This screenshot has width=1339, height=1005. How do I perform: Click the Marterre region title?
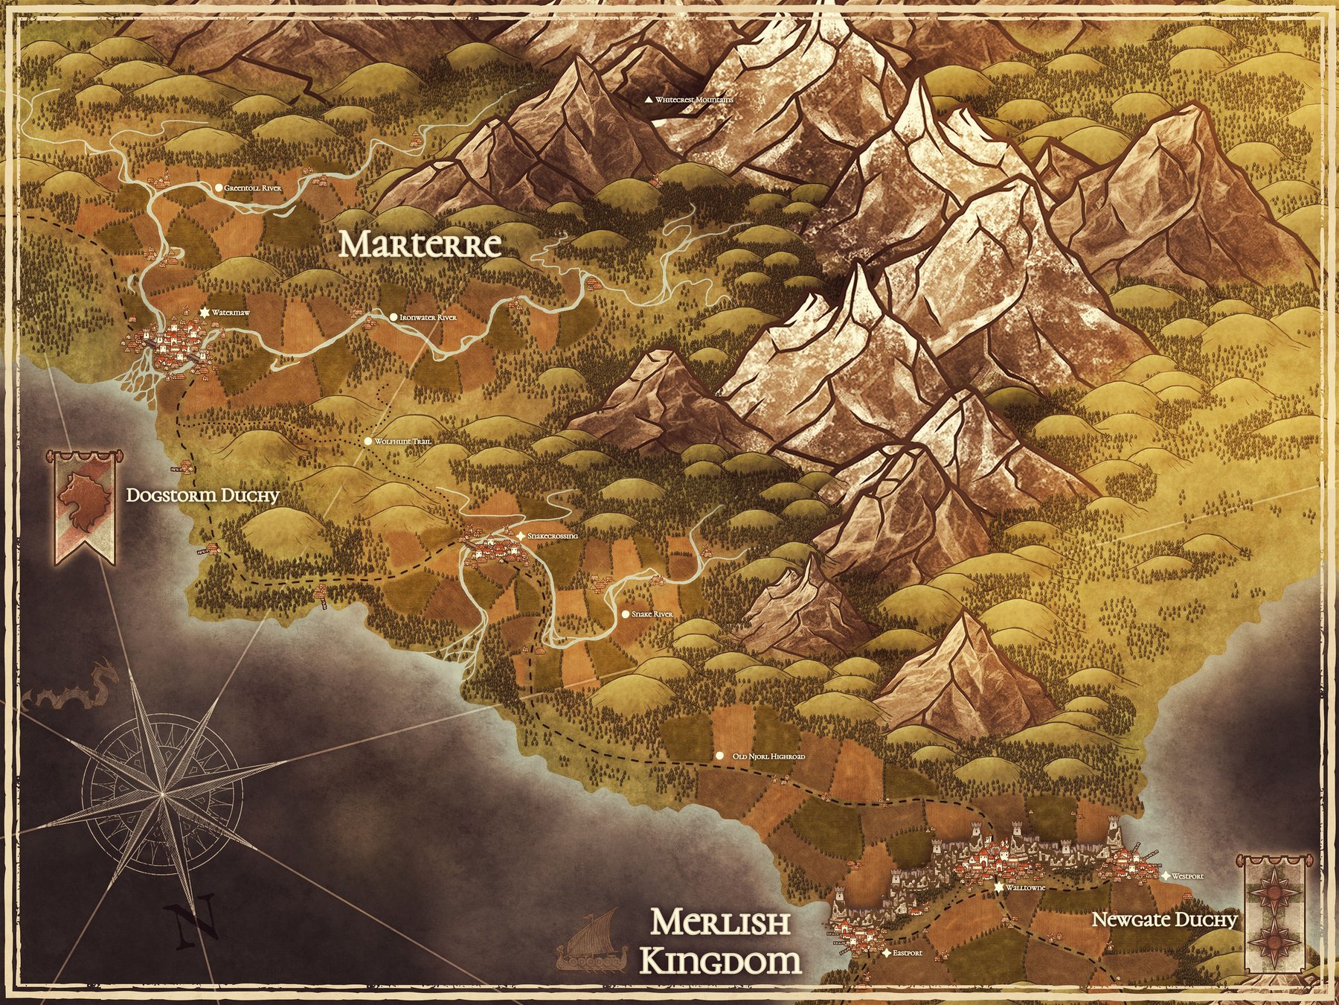[420, 245]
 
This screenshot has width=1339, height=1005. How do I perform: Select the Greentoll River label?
[253, 189]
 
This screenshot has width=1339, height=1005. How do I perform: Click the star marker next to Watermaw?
[204, 313]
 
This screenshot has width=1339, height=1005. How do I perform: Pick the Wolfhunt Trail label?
[402, 442]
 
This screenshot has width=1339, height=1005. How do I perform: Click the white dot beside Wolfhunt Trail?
[367, 441]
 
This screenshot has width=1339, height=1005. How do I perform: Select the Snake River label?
[652, 615]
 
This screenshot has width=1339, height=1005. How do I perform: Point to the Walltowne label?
[1026, 888]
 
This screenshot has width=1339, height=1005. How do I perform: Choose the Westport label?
[1187, 876]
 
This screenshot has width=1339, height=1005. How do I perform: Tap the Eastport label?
[907, 953]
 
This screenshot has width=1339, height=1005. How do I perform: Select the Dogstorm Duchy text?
[202, 496]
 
